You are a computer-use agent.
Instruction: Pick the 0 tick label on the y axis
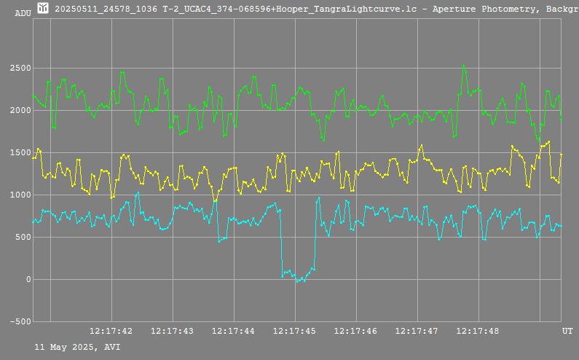coord(29,280)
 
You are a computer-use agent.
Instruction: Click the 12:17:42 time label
coord(111,332)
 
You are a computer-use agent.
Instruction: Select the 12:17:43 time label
coord(172,332)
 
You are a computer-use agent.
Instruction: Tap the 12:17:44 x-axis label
coord(233,332)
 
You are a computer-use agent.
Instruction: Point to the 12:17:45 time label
coord(294,332)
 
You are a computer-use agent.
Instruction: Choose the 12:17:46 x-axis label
coord(355,332)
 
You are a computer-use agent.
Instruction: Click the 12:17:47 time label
coord(417,332)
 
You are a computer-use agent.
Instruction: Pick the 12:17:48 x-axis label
coord(478,332)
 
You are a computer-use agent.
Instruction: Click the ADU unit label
coord(23,12)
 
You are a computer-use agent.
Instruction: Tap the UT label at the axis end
coord(567,332)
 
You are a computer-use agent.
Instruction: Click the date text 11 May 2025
coord(66,348)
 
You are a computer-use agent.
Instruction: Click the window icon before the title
coord(43,8)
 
